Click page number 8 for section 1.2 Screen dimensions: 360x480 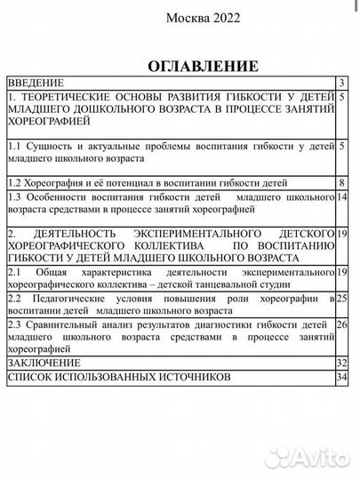click(342, 182)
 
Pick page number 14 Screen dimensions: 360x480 click(342, 196)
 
